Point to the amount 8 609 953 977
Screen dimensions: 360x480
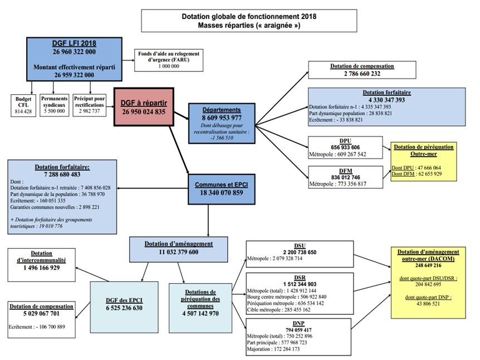[222, 118]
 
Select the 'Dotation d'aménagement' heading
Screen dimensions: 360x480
[178, 244]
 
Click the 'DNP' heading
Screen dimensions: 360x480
[299, 323]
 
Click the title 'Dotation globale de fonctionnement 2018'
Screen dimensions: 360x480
[249, 17]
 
